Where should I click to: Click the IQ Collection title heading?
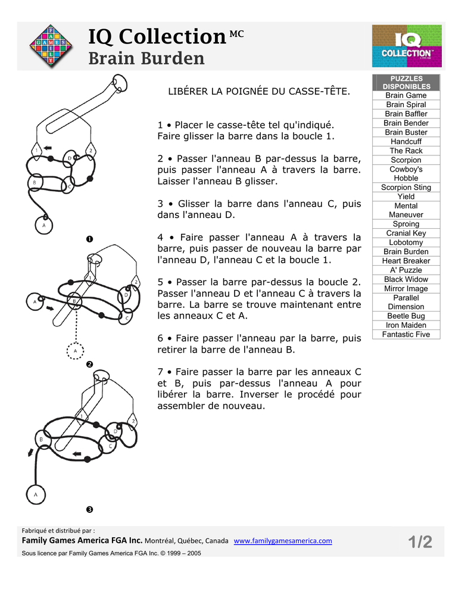[x=157, y=37]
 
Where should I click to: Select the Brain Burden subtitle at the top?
[x=146, y=58]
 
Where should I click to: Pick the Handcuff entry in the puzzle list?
[x=406, y=142]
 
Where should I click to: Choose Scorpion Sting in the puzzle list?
[x=406, y=188]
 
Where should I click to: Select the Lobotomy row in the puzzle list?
[x=406, y=242]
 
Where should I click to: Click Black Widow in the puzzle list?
[x=406, y=279]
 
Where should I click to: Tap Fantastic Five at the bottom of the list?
[x=406, y=334]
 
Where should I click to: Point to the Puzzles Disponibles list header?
[x=406, y=82]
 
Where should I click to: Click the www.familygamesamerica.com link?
[x=282, y=541]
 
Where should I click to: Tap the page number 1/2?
[x=420, y=542]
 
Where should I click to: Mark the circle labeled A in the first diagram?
[x=43, y=226]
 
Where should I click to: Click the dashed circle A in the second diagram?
[x=75, y=351]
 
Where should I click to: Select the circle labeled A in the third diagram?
[x=35, y=494]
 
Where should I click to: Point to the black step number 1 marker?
[x=89, y=239]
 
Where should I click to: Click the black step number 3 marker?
[x=89, y=509]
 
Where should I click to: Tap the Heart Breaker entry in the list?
[x=406, y=261]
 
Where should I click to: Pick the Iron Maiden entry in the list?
[x=406, y=325]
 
